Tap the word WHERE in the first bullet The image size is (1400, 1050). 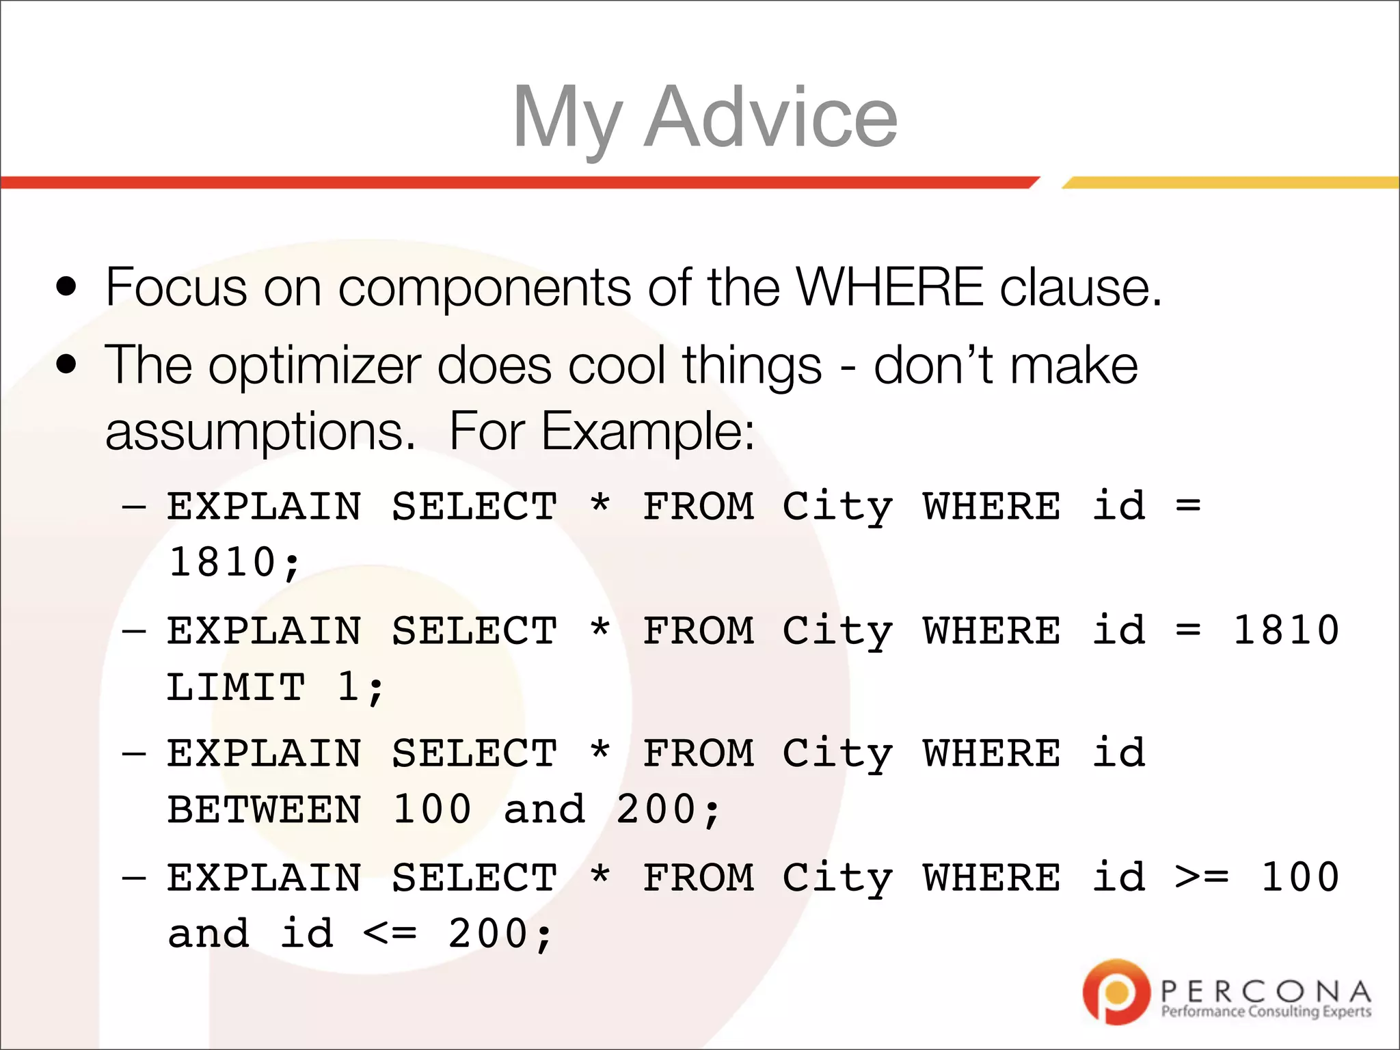889,287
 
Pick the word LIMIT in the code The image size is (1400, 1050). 236,687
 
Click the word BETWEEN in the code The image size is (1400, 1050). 265,810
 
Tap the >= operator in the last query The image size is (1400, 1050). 1201,877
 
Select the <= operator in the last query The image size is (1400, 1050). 390,934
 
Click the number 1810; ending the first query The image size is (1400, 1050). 234,563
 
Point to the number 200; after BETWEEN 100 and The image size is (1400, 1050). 668,810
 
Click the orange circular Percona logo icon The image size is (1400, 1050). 1116,991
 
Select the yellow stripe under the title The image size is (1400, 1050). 1230,183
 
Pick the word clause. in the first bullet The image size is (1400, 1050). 1081,287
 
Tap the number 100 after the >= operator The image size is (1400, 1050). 1300,877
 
